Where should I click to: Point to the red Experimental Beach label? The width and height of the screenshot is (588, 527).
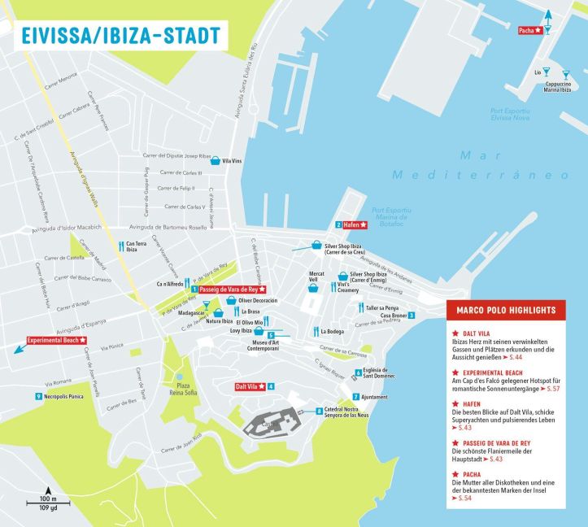coord(56,340)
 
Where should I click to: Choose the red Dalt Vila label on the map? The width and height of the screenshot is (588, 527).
coord(250,386)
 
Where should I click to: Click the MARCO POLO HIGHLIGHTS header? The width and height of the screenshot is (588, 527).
coord(516,310)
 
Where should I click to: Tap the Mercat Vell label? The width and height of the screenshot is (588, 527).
coord(317,277)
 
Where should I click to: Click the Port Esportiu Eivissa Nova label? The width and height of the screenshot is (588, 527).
coord(510,114)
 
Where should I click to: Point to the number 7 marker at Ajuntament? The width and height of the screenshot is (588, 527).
coord(355,396)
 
